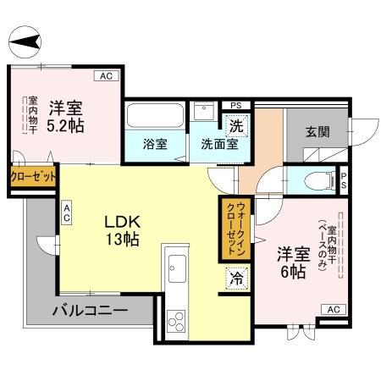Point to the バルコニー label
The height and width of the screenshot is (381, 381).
(x=91, y=311)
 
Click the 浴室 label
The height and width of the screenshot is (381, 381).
(x=155, y=143)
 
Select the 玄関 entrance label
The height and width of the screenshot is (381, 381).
(x=317, y=132)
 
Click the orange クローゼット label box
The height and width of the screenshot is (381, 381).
(x=33, y=177)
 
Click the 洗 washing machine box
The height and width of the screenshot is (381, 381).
(x=238, y=124)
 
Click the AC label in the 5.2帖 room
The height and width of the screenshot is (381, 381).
(x=107, y=77)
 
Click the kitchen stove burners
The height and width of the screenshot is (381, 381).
(x=177, y=320)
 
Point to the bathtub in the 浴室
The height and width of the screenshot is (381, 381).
(x=155, y=118)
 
